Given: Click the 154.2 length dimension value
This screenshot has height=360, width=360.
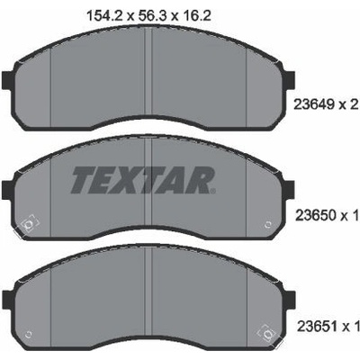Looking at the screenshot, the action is pos(104,15).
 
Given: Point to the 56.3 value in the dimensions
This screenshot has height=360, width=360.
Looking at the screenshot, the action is pos(149,15).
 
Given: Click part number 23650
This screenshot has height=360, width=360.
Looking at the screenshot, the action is pos(316,215).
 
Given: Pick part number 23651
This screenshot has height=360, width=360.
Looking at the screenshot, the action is pos(317,327).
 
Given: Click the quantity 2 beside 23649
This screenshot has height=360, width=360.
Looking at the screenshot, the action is pos(354,104).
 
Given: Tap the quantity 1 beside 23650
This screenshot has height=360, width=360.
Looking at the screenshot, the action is pos(355,215).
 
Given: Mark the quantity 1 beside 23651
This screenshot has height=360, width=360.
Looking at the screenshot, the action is pos(356,327).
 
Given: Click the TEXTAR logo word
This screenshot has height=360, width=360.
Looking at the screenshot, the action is pos(141,180).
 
